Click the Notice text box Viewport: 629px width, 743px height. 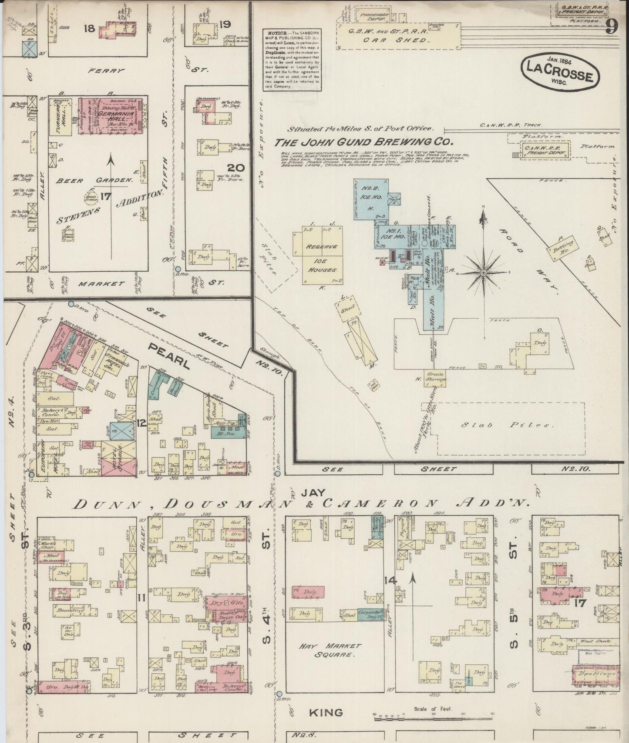[x=292, y=60]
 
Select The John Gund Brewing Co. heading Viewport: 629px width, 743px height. [x=364, y=142]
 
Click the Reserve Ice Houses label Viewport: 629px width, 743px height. [x=321, y=258]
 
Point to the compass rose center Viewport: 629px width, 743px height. [x=483, y=272]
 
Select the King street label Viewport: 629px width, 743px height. [x=326, y=712]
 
